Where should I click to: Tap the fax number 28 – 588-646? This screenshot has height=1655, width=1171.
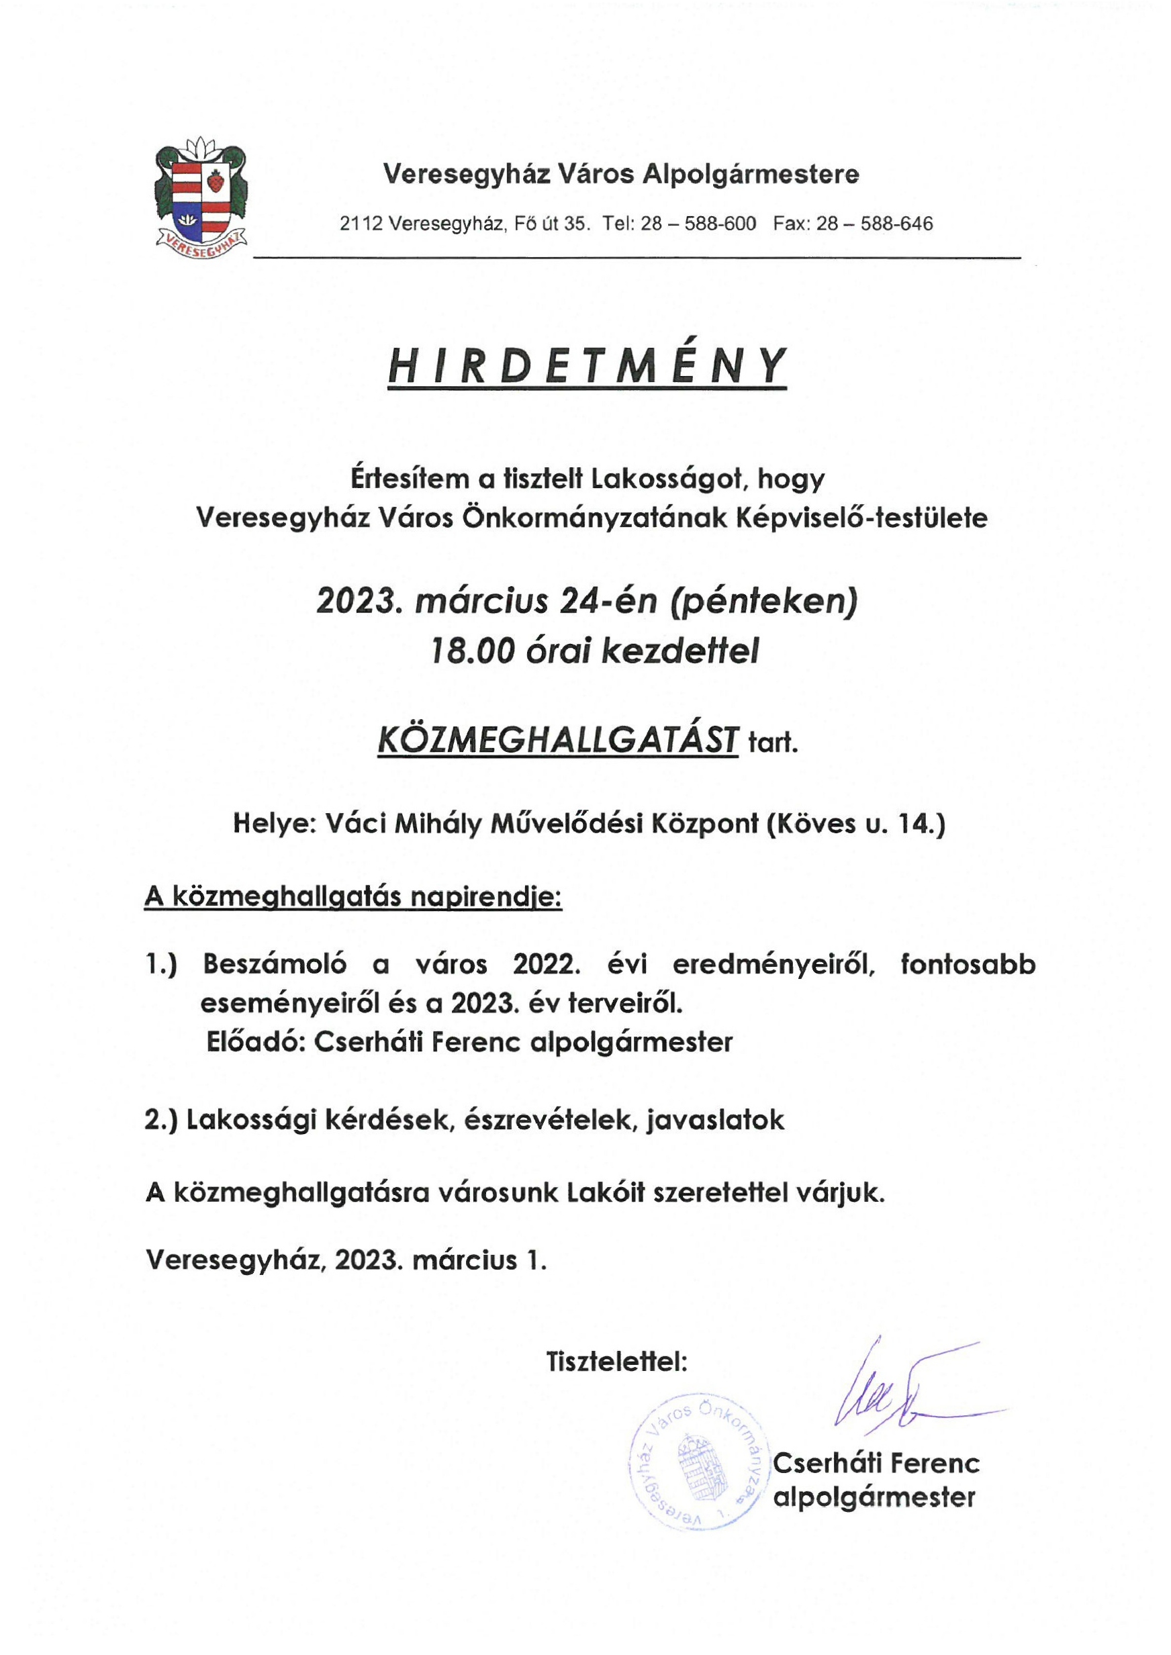(x=874, y=224)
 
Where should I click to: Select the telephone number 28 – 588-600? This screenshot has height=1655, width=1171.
(x=698, y=224)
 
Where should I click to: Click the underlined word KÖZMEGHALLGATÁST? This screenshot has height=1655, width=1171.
(x=557, y=741)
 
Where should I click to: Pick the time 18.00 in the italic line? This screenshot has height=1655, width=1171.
(x=472, y=652)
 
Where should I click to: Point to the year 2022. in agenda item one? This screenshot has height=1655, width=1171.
(x=546, y=964)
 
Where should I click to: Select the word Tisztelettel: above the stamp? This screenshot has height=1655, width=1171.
(x=617, y=1362)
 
